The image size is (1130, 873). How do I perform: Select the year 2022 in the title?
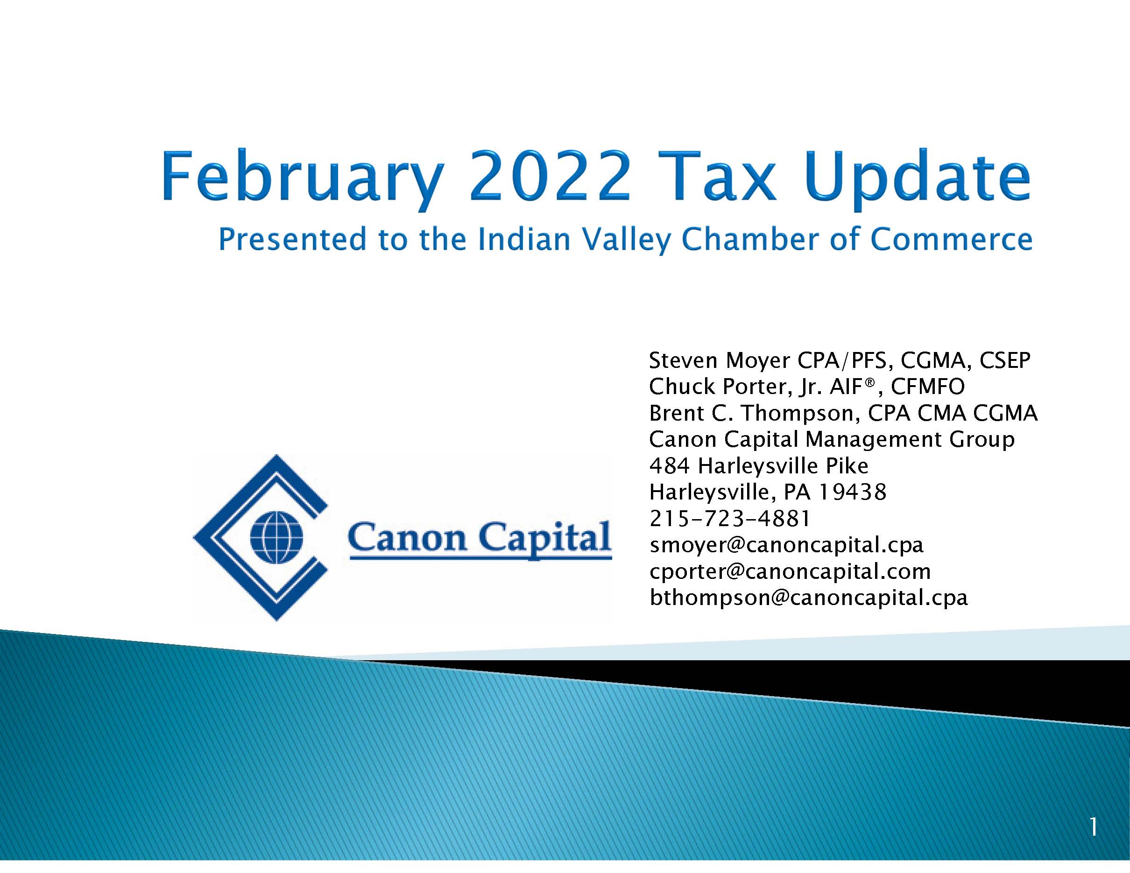[550, 176]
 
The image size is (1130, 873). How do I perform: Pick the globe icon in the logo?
[276, 537]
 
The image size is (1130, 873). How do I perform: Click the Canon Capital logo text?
[480, 538]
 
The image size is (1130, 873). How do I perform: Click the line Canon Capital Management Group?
[832, 440]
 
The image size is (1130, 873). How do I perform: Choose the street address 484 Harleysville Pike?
[758, 466]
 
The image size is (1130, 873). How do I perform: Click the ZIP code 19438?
[852, 492]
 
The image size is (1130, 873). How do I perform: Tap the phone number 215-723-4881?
[729, 518]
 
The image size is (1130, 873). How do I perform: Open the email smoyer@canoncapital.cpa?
[786, 545]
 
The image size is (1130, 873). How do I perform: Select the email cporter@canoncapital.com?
[790, 571]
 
